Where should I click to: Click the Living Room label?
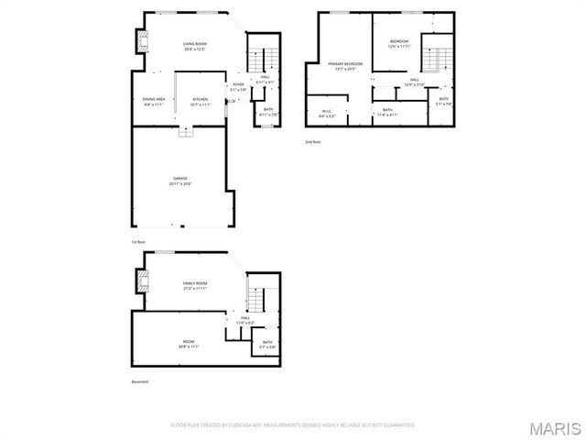(x=194, y=46)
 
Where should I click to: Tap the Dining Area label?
(x=153, y=101)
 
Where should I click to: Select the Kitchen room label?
(x=201, y=101)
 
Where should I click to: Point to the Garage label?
(x=180, y=181)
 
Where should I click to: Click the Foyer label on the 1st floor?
(x=237, y=87)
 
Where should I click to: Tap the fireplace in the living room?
(x=141, y=41)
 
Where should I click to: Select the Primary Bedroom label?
(x=346, y=66)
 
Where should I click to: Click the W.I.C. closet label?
(x=327, y=115)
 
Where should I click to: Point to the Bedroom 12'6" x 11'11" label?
(x=399, y=44)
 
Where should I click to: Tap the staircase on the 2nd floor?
(x=437, y=62)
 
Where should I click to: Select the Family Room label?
(x=194, y=286)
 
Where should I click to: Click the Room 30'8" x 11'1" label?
(x=189, y=345)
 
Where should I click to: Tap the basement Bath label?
(x=266, y=345)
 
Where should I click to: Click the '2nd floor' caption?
(x=314, y=142)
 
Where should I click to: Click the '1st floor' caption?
(x=138, y=242)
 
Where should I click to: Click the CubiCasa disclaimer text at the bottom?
(x=293, y=425)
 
